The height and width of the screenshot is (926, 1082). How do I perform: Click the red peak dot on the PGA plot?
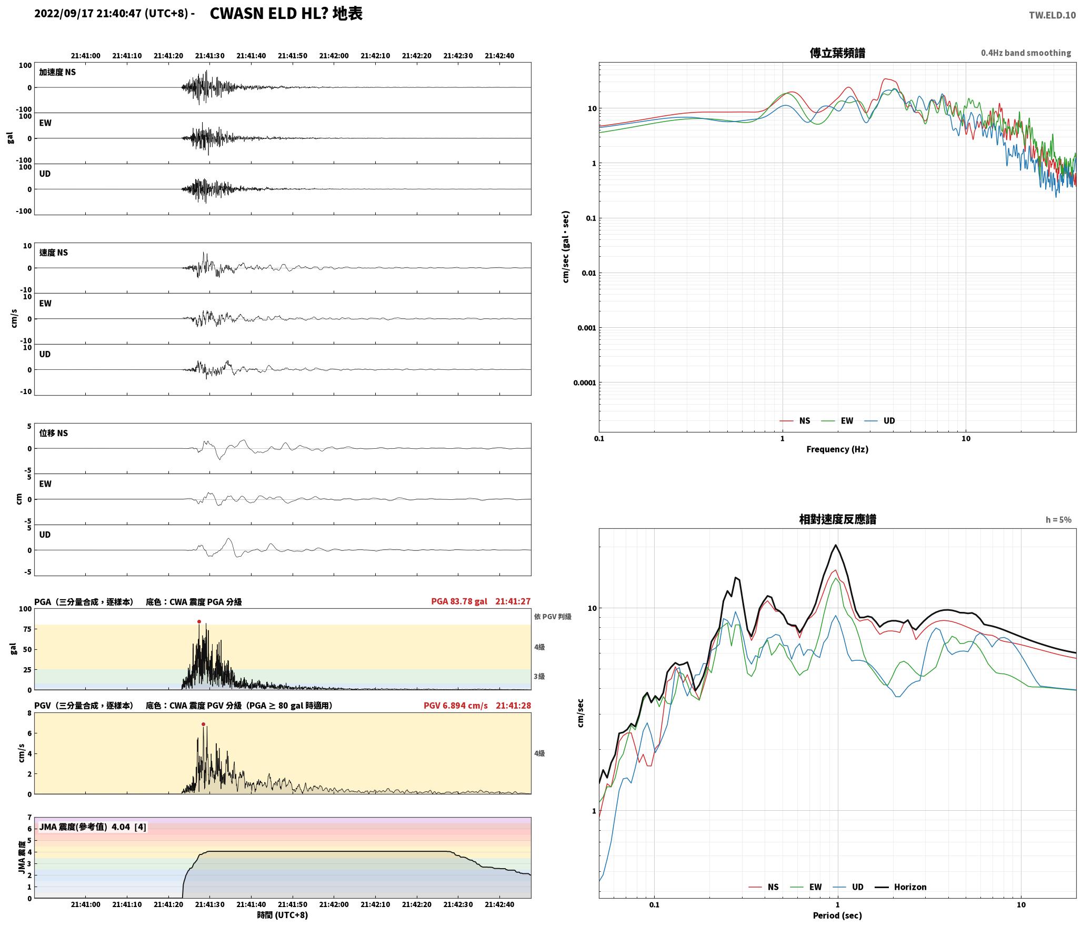199,621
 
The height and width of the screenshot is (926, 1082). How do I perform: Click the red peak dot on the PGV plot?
203,724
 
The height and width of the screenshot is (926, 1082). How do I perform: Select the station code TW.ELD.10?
1052,15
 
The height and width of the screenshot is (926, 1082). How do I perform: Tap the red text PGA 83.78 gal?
459,601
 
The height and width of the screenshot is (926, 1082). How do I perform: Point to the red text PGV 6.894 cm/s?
455,705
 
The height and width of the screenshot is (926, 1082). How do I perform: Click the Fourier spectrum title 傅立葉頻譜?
837,53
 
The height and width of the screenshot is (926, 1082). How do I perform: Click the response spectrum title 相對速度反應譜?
837,519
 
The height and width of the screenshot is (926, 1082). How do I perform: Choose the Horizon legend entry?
900,887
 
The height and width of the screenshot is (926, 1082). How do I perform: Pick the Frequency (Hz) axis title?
837,449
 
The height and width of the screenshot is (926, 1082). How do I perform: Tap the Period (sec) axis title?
837,915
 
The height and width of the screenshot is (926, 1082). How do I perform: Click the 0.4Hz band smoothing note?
1026,53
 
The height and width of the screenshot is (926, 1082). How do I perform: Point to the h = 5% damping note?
1058,519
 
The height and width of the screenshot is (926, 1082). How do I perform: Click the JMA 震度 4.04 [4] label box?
93,827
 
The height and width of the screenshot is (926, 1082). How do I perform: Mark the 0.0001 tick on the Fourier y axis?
585,383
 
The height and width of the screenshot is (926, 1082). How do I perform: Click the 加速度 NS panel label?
57,72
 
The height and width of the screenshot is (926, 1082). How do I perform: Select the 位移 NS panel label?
54,433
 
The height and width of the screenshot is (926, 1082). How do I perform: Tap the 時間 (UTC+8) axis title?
283,914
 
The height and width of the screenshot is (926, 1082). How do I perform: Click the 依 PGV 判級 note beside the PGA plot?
553,616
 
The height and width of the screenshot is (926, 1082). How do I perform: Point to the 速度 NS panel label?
54,253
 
